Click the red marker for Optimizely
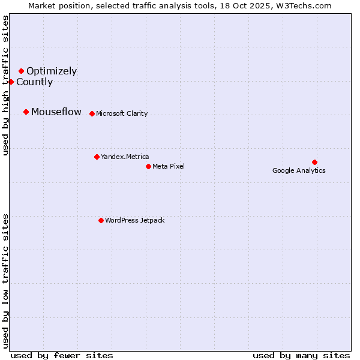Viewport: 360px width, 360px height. click(21, 71)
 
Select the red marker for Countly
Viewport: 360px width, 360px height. click(11, 82)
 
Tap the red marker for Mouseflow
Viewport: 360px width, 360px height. click(26, 112)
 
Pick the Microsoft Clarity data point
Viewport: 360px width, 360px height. click(92, 113)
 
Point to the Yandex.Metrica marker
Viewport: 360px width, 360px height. click(97, 157)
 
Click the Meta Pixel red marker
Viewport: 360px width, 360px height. click(148, 166)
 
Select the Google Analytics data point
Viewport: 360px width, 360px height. click(314, 162)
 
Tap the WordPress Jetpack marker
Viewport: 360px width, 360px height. click(101, 220)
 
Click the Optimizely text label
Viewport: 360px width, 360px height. click(52, 71)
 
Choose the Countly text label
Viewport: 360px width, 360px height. click(34, 82)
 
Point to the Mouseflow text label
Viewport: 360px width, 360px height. click(56, 112)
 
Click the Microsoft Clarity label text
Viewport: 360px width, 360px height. click(122, 114)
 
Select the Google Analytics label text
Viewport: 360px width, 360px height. click(299, 171)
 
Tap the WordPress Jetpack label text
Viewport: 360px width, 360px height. click(134, 221)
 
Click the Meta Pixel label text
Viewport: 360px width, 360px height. click(169, 167)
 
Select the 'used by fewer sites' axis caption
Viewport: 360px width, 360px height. click(62, 356)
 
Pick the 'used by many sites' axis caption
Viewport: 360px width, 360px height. click(301, 356)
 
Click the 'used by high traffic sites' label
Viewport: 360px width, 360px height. click(5, 85)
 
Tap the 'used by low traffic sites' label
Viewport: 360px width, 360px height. click(5, 281)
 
